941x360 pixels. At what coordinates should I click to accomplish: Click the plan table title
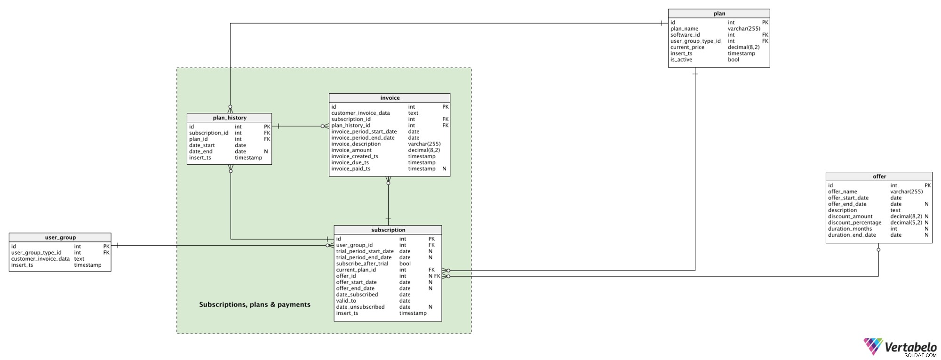click(x=719, y=14)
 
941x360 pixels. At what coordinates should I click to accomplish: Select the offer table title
click(x=879, y=176)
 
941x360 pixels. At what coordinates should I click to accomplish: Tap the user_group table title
click(x=60, y=238)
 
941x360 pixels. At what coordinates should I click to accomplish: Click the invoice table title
click(x=390, y=98)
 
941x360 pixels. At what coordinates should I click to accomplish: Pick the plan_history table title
click(x=230, y=118)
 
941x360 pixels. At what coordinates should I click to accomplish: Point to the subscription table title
click(x=388, y=230)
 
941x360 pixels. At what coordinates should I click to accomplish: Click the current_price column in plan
click(x=687, y=47)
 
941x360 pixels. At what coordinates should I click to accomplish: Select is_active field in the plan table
click(x=681, y=60)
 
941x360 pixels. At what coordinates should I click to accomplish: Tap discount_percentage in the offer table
click(x=854, y=223)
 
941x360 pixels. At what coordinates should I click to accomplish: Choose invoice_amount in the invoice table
click(x=351, y=150)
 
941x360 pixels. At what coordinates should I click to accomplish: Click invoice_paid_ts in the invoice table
click(x=351, y=168)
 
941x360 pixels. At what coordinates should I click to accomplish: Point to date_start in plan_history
click(x=202, y=145)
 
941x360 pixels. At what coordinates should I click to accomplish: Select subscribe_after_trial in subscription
click(x=362, y=264)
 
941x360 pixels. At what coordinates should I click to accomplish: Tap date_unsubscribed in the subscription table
click(x=360, y=307)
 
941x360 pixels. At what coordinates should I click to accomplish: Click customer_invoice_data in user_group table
click(x=40, y=259)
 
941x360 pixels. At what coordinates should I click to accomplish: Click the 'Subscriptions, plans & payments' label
click(x=255, y=304)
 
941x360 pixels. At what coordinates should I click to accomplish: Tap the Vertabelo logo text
click(x=910, y=347)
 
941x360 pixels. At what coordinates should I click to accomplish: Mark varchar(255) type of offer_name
click(x=907, y=192)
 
